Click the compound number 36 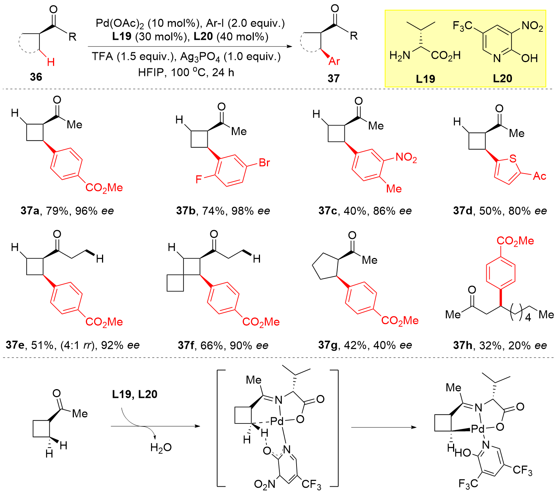(x=36, y=77)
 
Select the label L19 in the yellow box (x=425, y=79)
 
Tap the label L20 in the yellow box (x=502, y=78)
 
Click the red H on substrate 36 (x=51, y=62)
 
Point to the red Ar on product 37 (x=334, y=61)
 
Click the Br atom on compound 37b (x=264, y=163)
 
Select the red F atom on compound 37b (x=199, y=179)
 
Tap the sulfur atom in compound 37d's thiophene (x=513, y=159)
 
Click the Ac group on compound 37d (x=539, y=176)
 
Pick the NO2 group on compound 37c (x=406, y=158)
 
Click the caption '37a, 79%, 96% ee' (x=67, y=211)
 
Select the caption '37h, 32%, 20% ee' (x=500, y=345)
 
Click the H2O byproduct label (x=161, y=448)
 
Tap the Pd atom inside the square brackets (x=277, y=422)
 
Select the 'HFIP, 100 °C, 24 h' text (x=186, y=72)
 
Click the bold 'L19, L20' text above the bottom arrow (x=135, y=395)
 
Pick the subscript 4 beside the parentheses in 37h (x=528, y=318)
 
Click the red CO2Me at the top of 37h (x=515, y=241)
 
